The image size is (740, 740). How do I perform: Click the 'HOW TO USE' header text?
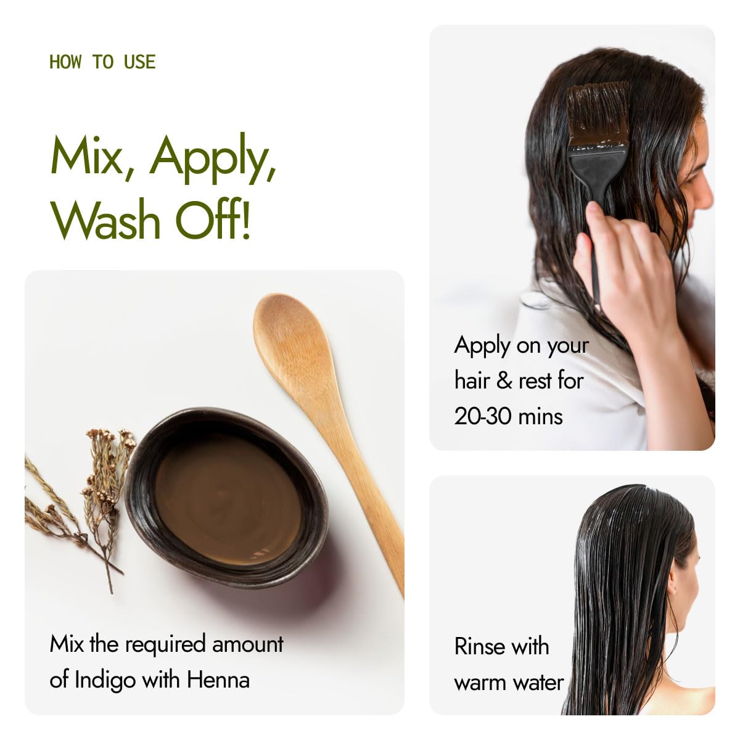[102, 62]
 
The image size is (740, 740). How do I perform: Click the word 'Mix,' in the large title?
[87, 156]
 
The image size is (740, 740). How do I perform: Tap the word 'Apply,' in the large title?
[212, 157]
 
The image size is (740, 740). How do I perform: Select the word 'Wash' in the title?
[106, 220]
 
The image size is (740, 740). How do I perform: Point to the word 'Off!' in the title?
[213, 220]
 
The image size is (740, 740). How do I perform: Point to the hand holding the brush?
[623, 265]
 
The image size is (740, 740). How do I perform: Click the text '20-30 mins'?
[508, 416]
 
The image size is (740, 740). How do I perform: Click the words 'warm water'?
[509, 683]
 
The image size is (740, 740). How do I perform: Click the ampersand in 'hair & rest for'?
[504, 380]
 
